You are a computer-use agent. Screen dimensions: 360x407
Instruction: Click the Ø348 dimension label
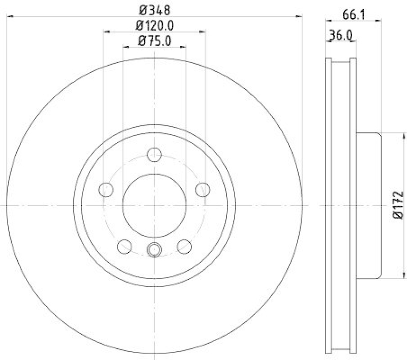click(154, 10)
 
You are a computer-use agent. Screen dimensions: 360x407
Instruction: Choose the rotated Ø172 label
click(398, 206)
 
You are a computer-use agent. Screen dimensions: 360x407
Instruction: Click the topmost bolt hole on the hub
click(154, 154)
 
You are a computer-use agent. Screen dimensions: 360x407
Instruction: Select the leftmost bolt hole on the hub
click(105, 189)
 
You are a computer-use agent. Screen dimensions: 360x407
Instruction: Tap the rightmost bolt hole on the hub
click(203, 189)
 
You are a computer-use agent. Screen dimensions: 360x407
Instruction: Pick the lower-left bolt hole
click(124, 246)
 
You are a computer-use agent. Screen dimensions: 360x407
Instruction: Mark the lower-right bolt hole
click(184, 246)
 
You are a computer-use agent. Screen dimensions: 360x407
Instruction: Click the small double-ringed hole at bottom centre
click(154, 249)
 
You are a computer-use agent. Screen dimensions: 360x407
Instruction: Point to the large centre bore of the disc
click(154, 205)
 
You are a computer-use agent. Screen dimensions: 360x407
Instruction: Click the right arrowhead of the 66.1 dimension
click(378, 21)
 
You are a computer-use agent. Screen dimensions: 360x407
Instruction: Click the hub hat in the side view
click(367, 205)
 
